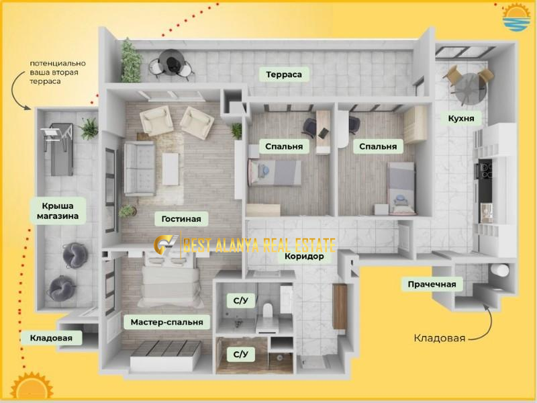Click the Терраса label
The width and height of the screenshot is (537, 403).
pyautogui.click(x=283, y=75)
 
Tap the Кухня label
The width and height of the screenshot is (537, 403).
pyautogui.click(x=461, y=119)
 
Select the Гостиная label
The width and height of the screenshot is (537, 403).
pyautogui.click(x=181, y=219)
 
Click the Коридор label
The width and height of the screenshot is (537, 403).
pyautogui.click(x=305, y=256)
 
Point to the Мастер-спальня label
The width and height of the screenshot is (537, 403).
pyautogui.click(x=166, y=322)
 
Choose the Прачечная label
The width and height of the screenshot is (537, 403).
pyautogui.click(x=432, y=284)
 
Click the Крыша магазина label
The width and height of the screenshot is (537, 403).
pyautogui.click(x=58, y=211)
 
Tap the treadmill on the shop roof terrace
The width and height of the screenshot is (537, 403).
pyautogui.click(x=58, y=148)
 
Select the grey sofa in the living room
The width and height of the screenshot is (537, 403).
pyautogui.click(x=140, y=169)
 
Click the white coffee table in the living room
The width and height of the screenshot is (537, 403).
pyautogui.click(x=170, y=169)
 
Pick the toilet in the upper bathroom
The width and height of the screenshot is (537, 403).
pyautogui.click(x=267, y=310)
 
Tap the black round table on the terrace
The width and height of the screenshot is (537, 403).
pyautogui.click(x=172, y=61)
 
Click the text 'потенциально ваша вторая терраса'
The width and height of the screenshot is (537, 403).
pyautogui.click(x=58, y=73)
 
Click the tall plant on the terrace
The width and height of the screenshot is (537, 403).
pyautogui.click(x=130, y=60)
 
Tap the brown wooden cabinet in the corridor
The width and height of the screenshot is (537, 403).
pyautogui.click(x=340, y=306)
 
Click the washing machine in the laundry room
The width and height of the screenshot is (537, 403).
pyautogui.click(x=499, y=270)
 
